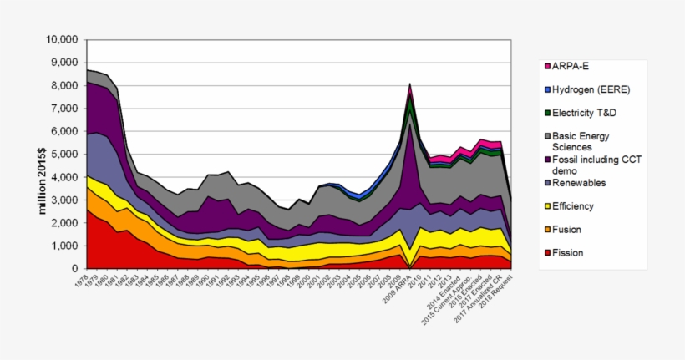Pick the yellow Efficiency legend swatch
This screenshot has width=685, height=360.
(x=547, y=205)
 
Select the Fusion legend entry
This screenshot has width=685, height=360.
(x=567, y=229)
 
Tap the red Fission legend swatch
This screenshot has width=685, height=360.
(x=547, y=252)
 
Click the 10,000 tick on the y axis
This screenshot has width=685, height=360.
(x=61, y=39)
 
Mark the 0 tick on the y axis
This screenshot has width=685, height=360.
(x=74, y=269)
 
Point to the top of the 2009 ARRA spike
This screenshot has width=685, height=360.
(x=409, y=84)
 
